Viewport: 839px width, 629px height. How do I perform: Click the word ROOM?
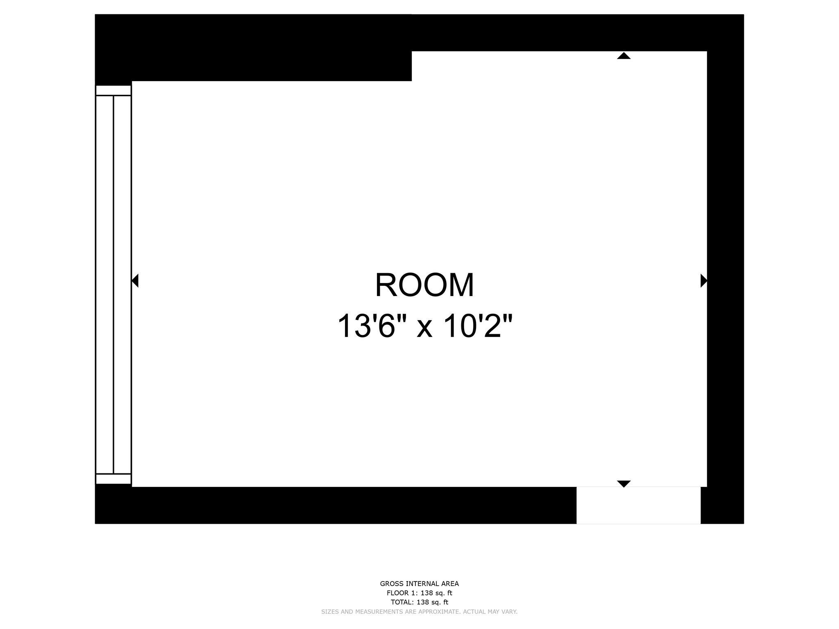(x=424, y=285)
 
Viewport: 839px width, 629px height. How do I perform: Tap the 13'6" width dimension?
(x=371, y=326)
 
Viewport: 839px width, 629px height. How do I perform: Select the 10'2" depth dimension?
(x=478, y=326)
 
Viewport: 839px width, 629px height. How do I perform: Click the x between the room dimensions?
(x=424, y=328)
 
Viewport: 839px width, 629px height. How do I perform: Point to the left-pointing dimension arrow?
(x=135, y=281)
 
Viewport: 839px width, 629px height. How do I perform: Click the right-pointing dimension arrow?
(x=703, y=281)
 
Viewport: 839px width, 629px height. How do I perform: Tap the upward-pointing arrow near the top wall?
(x=624, y=56)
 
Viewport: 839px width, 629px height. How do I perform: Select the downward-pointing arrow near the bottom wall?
(x=624, y=484)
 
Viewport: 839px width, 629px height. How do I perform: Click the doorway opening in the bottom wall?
(x=638, y=505)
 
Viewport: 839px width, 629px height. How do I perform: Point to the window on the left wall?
(x=113, y=284)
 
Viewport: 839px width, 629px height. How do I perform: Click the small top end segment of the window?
(x=113, y=90)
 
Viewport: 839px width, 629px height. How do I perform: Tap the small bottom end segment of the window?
(x=113, y=479)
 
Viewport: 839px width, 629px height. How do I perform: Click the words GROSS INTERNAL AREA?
(x=419, y=584)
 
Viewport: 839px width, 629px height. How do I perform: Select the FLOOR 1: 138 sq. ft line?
(x=419, y=593)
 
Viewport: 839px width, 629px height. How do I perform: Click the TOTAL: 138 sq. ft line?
(x=419, y=602)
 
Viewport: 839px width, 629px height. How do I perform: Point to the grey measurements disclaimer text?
(x=419, y=612)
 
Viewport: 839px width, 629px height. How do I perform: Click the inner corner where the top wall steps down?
(x=412, y=81)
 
